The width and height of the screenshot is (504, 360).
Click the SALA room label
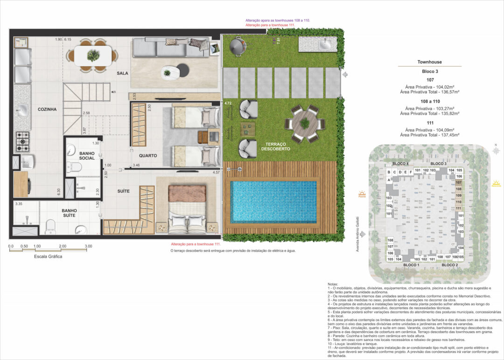point(122,73)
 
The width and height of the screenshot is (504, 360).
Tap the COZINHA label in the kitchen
point(47,109)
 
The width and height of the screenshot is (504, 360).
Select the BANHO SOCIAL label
point(87,155)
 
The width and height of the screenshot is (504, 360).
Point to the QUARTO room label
point(147,155)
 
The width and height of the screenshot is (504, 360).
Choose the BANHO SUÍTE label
point(69,213)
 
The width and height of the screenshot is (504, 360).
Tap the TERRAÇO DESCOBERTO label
point(276,146)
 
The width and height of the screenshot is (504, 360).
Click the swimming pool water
point(273,202)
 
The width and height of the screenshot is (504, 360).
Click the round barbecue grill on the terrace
point(236,45)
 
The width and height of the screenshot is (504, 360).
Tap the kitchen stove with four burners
point(22,139)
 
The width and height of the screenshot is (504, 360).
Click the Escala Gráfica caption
point(48,256)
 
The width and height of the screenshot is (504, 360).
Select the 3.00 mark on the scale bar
point(88,246)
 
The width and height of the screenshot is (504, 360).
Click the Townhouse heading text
point(430,62)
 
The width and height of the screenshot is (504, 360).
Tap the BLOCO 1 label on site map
point(411,265)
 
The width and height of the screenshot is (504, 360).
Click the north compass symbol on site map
point(496,151)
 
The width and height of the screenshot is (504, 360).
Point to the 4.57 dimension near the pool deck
point(216,173)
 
